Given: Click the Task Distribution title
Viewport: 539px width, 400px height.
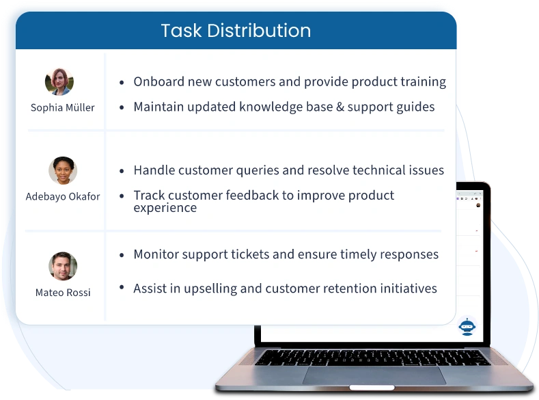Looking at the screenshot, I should (236, 31).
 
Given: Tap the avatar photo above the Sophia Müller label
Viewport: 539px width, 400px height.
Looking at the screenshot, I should (59, 82).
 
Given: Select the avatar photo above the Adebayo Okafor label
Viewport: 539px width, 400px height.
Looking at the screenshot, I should (63, 171).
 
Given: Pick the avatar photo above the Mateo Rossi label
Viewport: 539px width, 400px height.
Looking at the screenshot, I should (63, 267).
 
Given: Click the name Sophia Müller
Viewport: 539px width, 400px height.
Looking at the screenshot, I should (63, 107).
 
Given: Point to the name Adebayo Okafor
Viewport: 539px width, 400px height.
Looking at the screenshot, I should (63, 196).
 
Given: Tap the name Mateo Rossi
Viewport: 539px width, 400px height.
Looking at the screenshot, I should (63, 292).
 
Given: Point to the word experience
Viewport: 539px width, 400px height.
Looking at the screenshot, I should (165, 208).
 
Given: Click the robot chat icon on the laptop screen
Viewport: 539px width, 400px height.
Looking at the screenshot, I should (467, 327).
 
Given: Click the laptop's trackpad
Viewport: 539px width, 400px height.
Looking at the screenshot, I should (374, 375).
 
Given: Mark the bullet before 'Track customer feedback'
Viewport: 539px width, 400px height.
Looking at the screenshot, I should (122, 196).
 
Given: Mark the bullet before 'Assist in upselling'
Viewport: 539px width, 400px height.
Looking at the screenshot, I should (122, 289).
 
